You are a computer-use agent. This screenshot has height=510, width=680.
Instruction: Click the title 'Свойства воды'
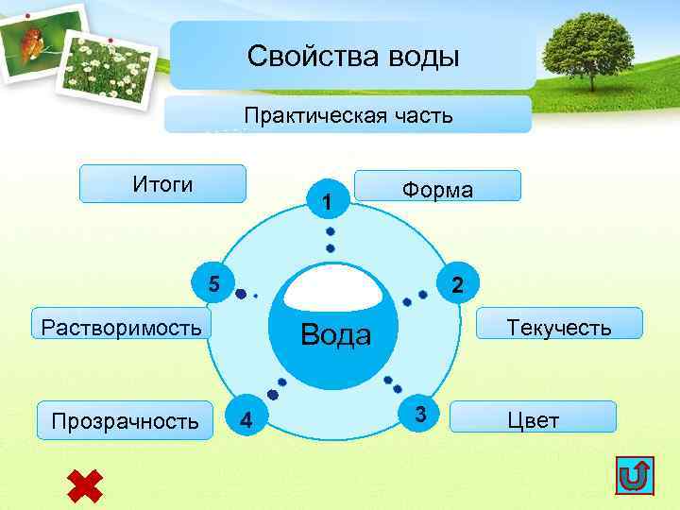coord(352,57)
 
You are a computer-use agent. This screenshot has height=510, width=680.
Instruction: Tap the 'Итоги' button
coord(162,184)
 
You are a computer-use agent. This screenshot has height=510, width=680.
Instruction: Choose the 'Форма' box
coord(437,187)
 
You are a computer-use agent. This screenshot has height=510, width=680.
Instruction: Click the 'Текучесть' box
coord(559,327)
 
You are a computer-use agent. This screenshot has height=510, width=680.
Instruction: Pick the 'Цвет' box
coord(534,419)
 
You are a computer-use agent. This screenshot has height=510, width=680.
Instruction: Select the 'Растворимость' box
coord(121,327)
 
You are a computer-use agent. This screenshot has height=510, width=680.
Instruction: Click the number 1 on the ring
coord(326,202)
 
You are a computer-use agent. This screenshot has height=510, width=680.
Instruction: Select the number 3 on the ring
coord(421,413)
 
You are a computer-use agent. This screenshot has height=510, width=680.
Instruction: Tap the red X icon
coord(85,484)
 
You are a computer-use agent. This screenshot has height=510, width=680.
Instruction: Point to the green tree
coord(588,47)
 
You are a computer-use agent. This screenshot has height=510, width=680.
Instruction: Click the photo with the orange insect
coord(39,42)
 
